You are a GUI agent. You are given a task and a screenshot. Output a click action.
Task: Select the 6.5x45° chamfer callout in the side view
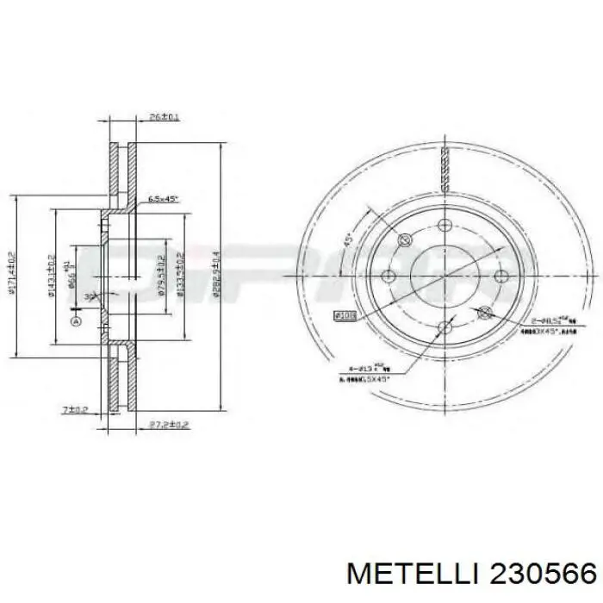pyautogui.click(x=162, y=199)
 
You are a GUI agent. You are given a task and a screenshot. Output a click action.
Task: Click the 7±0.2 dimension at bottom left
pyautogui.click(x=76, y=409)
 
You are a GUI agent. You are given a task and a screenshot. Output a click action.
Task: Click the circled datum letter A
pyautogui.click(x=75, y=322)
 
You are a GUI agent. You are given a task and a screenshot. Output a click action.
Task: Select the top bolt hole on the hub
pyautogui.click(x=444, y=226)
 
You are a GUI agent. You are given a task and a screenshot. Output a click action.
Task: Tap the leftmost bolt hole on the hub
pyautogui.click(x=387, y=277)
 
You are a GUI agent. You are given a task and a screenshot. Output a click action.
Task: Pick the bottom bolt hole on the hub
pyautogui.click(x=444, y=327)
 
